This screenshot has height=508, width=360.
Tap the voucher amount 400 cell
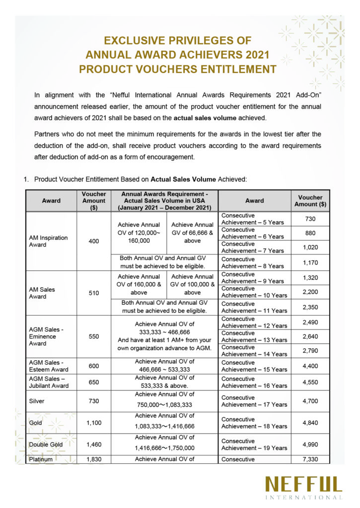point(94,241)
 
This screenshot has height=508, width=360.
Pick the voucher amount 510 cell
point(94,293)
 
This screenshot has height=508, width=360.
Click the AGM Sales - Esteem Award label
point(49,366)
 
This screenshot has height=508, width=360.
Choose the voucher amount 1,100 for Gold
point(94,423)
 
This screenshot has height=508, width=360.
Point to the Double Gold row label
point(46,444)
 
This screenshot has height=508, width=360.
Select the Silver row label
point(36,401)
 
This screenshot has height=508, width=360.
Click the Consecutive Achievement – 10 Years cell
point(254,292)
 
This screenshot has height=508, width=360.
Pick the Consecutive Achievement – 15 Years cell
point(254,366)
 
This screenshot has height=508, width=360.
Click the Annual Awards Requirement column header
point(164,200)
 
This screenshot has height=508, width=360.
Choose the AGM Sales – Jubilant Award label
point(49,382)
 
